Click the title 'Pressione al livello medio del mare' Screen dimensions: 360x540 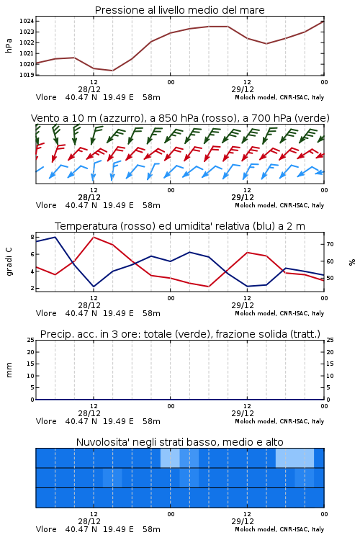179,10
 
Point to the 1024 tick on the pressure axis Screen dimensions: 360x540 27,22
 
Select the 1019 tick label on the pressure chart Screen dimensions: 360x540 27,75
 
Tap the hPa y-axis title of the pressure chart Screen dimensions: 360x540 9,46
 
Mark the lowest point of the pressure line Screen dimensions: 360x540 112,71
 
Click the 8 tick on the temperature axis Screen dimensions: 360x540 32,237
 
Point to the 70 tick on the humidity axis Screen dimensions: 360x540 330,244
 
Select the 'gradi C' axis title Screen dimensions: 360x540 9,261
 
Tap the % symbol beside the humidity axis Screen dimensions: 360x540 352,262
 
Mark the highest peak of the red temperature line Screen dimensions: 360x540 94,237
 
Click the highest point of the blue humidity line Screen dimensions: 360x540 55,237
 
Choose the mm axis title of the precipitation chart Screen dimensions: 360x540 9,369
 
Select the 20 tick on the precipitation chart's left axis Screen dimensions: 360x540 31,352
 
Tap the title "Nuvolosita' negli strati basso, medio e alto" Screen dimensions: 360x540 179,442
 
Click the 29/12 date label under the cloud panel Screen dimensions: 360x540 243,521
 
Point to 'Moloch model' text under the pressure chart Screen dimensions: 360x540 256,97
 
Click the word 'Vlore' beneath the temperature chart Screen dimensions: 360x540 46,313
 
